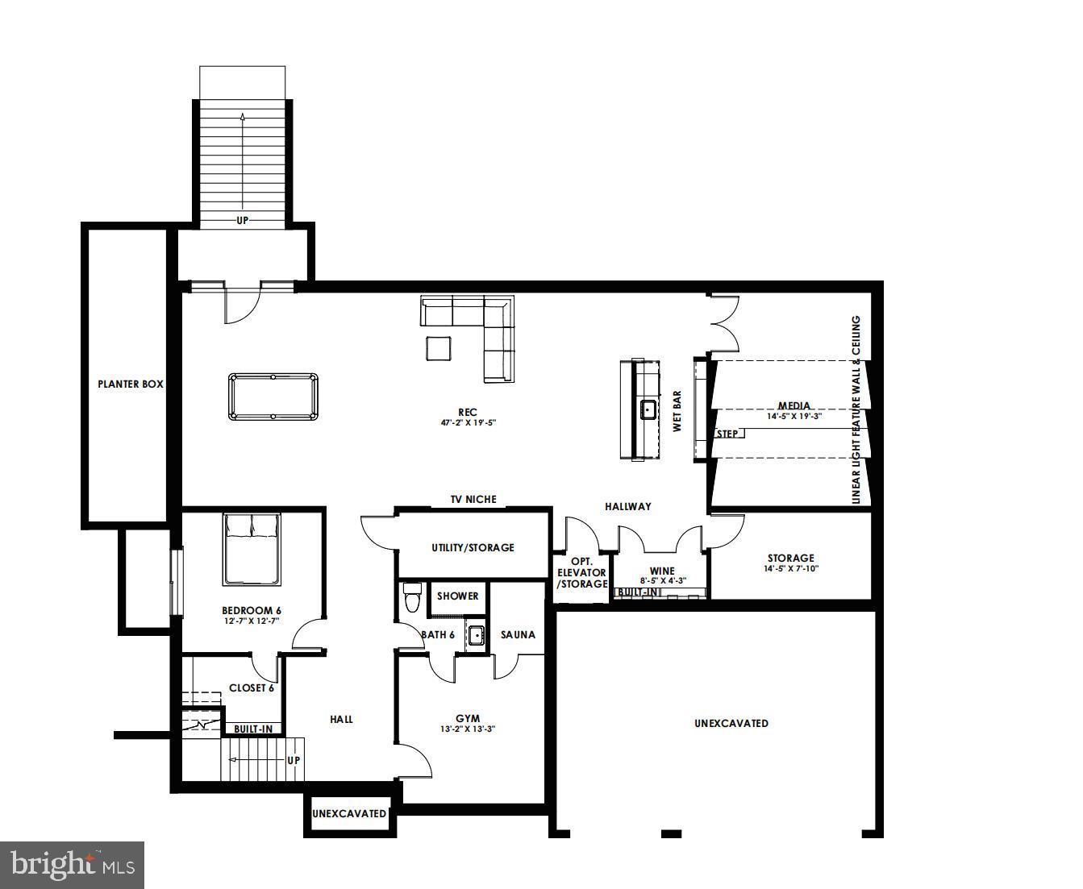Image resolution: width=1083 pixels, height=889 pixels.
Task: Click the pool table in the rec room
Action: [x=273, y=397]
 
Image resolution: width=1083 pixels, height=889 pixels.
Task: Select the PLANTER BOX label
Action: [x=131, y=384]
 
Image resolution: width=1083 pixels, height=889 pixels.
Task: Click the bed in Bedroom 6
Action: [x=252, y=549]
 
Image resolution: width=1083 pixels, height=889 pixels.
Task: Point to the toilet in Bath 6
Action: [x=412, y=598]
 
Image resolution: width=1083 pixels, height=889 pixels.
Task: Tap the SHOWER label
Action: [x=458, y=596]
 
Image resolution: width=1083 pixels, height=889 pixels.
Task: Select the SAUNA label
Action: [x=518, y=635]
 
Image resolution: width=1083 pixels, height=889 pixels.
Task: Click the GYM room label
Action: [x=468, y=718]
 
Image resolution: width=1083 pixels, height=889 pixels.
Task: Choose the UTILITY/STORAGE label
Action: [x=473, y=548]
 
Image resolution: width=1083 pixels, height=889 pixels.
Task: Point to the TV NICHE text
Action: [x=473, y=500]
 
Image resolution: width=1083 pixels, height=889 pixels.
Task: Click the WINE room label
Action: [x=662, y=571]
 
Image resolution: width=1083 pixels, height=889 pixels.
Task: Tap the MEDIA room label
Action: [x=794, y=406]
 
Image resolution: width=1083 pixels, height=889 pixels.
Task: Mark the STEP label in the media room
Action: [x=727, y=434]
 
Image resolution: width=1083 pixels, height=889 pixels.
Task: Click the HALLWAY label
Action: [x=628, y=506]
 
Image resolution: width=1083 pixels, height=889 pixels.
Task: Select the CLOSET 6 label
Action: [x=252, y=688]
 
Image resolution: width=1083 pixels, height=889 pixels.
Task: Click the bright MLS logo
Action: [x=73, y=866]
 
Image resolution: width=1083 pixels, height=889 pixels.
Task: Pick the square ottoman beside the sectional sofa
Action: [x=439, y=348]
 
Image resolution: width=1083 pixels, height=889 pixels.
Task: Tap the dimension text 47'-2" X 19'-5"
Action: [x=467, y=422]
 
